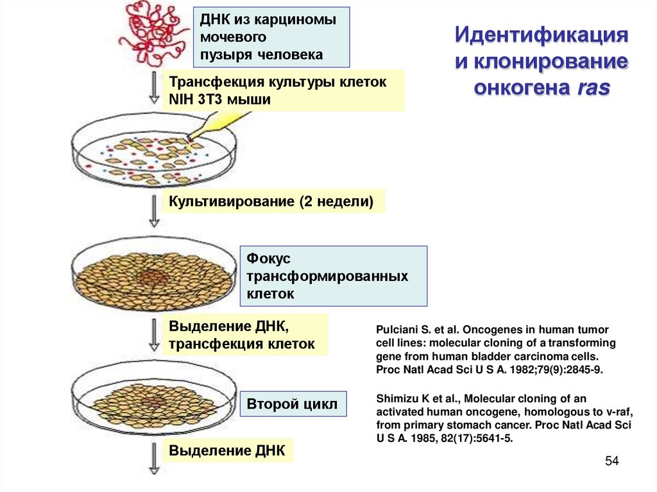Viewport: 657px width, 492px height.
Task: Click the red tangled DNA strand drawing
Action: [x=153, y=29]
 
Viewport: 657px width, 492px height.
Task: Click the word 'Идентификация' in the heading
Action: [x=540, y=34]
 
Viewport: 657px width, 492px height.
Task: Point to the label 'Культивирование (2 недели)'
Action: [x=271, y=201]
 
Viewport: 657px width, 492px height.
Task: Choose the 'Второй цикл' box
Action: [x=293, y=405]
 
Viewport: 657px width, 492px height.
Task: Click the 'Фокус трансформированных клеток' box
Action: [x=333, y=276]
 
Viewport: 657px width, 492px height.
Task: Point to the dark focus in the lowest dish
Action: [x=153, y=402]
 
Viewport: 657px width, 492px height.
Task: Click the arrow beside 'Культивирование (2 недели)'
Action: [x=154, y=212]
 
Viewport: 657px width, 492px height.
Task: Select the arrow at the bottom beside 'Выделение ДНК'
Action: [x=154, y=459]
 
